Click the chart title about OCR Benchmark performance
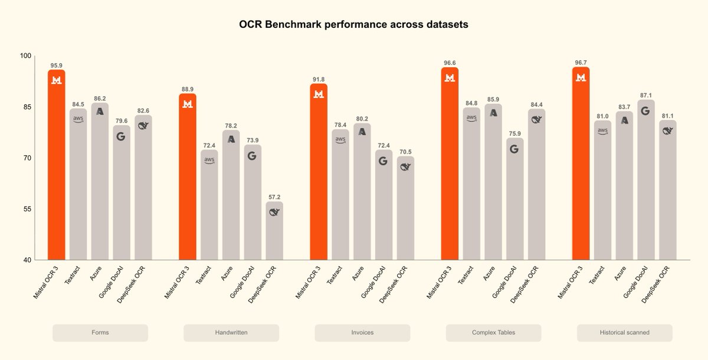coord(353,25)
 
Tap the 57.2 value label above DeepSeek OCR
coord(274,197)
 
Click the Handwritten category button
coord(231,333)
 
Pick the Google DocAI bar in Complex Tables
coord(514,201)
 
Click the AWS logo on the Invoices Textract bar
coord(340,140)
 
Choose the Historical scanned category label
coord(624,333)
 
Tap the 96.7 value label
coord(581,63)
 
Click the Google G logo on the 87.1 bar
coord(646,110)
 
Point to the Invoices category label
coord(362,333)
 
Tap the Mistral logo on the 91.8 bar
coord(319,94)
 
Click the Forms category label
coord(100,333)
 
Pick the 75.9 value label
coord(514,133)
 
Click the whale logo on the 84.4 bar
coord(536,119)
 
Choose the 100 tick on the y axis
coord(25,56)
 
